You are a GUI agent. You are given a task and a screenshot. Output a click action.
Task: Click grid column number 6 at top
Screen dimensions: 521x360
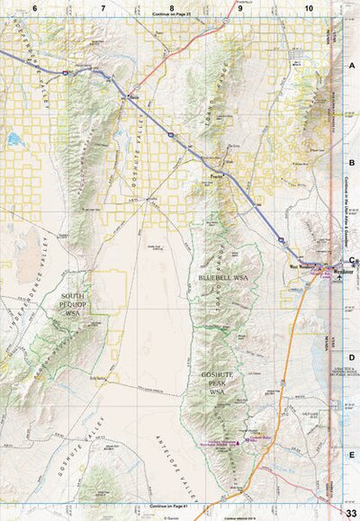pos(35,7)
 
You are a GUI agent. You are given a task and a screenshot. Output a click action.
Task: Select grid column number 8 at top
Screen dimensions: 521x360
pos(159,7)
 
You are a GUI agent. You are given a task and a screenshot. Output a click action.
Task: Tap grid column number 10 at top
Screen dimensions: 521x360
pos(309,7)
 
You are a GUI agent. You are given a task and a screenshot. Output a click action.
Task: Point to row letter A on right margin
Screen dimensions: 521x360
pos(352,65)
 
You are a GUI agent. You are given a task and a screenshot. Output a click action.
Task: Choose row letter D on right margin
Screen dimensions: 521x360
pos(352,357)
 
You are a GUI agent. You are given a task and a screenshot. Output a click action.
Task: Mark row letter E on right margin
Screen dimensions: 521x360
pos(352,455)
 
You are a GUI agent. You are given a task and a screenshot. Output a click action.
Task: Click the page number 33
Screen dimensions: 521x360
pos(350,512)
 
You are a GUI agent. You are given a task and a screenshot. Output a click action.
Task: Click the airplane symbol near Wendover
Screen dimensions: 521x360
pos(338,279)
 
